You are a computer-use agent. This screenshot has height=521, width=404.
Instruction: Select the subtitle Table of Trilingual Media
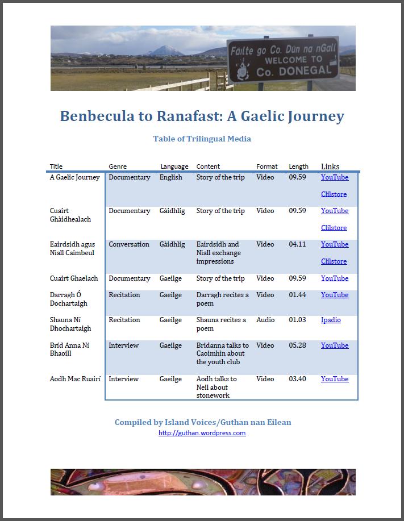202,139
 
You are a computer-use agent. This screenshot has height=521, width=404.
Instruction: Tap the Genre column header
118,166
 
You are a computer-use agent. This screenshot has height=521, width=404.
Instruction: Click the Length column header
298,166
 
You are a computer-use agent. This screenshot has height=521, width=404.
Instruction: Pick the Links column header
330,166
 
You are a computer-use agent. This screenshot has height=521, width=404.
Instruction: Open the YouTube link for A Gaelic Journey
335,177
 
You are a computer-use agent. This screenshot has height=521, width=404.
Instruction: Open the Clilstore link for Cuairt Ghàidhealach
334,228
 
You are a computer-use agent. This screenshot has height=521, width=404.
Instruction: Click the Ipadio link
331,320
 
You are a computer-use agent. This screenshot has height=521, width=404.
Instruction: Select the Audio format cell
265,320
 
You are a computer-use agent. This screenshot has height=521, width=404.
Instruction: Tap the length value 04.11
297,244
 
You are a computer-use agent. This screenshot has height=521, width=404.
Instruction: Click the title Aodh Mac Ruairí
75,379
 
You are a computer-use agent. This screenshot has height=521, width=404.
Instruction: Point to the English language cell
171,177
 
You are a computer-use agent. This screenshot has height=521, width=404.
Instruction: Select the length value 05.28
297,345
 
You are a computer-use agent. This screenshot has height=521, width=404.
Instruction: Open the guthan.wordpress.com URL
202,433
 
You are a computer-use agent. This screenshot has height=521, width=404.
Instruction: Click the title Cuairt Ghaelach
74,278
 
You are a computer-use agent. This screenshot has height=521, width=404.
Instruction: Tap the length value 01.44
297,295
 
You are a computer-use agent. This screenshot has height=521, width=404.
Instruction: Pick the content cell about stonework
217,387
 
